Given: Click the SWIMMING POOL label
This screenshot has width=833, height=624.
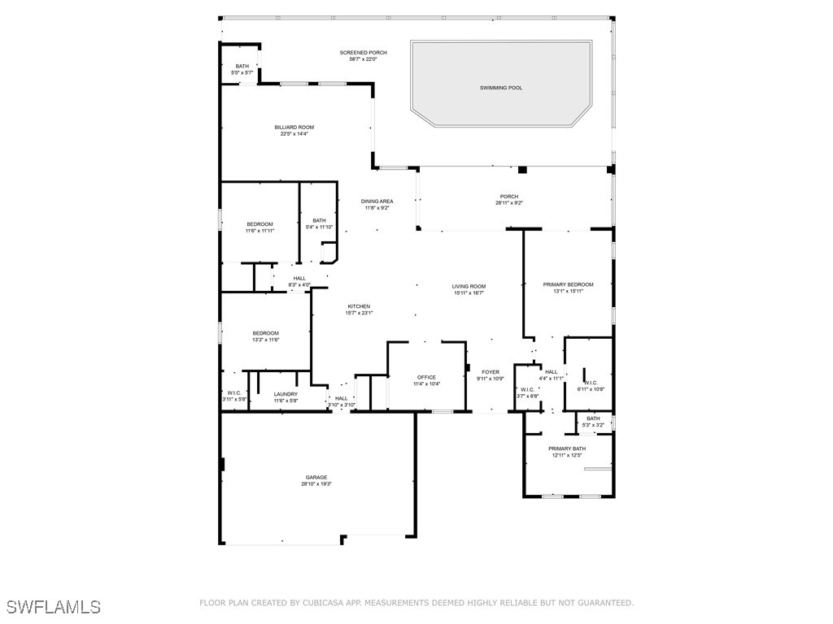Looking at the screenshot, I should click(x=501, y=88).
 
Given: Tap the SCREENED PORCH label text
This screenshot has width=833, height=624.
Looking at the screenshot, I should click(x=358, y=52).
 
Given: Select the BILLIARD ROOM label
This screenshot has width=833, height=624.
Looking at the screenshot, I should click(x=294, y=127).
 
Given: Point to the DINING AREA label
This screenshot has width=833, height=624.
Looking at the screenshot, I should click(x=377, y=201).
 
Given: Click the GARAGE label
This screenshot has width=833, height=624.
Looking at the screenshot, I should click(x=316, y=477).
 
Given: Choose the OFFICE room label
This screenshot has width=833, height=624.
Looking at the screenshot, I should click(x=426, y=377).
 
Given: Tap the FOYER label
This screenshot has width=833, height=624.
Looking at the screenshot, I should click(x=491, y=372).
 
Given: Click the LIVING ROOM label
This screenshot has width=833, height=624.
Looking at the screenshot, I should click(x=469, y=286).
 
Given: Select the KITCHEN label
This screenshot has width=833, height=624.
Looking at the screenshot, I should click(x=359, y=306).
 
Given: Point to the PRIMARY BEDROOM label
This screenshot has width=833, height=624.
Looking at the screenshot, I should click(x=568, y=284).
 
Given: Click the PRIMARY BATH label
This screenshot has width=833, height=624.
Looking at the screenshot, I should click(x=567, y=448).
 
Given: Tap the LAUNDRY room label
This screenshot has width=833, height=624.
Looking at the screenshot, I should click(x=286, y=394).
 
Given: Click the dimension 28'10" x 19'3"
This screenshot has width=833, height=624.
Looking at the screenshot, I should click(x=316, y=484).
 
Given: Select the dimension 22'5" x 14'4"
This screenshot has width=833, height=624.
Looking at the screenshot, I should click(x=294, y=134).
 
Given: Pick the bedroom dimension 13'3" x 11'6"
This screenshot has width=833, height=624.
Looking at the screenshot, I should click(x=265, y=340).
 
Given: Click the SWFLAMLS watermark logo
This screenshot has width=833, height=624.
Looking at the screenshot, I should click(x=54, y=607).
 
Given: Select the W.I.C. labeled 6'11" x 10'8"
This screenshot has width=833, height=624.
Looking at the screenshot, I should click(x=591, y=386).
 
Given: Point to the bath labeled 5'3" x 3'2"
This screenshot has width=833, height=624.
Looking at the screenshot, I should click(x=593, y=422).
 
